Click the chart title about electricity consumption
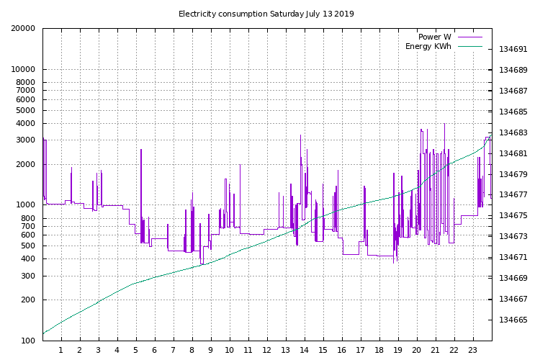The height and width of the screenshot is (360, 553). click(266, 14)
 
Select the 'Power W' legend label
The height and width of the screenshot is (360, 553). click(434, 37)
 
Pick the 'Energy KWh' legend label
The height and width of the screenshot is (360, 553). click(428, 47)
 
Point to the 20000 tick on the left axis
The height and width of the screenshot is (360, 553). click(22, 29)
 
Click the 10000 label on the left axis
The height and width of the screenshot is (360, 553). click(22, 70)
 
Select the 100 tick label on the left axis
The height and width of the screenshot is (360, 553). click(27, 341)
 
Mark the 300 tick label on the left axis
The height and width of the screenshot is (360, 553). click(27, 276)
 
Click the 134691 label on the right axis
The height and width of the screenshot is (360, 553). click(514, 50)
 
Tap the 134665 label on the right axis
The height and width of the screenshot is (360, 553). click(514, 320)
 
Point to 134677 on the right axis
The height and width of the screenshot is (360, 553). click(514, 195)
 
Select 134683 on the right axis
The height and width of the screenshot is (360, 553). click(514, 133)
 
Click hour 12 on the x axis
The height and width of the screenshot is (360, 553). click(267, 351)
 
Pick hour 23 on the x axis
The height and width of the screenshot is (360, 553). click(473, 351)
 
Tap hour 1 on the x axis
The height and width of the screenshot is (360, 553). click(61, 351)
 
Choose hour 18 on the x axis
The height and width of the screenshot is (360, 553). click(379, 351)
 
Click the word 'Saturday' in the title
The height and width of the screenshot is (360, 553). click(287, 14)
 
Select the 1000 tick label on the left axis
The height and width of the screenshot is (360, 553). click(24, 205)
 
